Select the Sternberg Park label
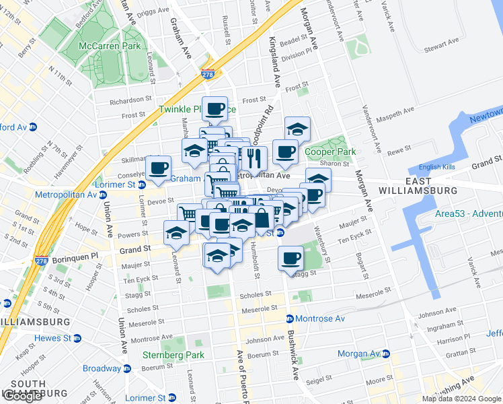173,355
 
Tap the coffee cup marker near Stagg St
291,258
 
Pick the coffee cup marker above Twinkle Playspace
215,108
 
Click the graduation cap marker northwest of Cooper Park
297,128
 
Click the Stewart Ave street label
440,46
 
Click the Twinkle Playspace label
197,109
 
